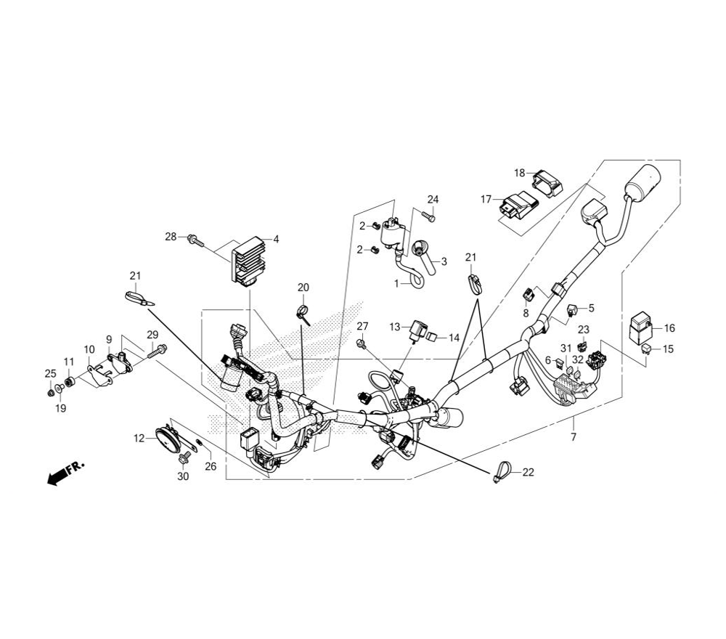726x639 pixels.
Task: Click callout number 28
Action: tap(171, 237)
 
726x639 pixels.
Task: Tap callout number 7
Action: tap(574, 437)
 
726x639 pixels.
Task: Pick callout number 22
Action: tap(528, 473)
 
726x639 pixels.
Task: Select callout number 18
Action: tap(519, 173)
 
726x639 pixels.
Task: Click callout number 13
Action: tap(394, 327)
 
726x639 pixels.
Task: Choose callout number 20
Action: tap(303, 288)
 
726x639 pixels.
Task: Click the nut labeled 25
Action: tap(50, 393)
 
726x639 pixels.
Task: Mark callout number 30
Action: tap(183, 476)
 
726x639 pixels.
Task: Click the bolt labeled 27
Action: tap(361, 341)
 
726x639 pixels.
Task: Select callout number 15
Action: tap(668, 349)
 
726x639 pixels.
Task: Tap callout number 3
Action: tap(444, 261)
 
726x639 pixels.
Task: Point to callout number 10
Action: tap(89, 349)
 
